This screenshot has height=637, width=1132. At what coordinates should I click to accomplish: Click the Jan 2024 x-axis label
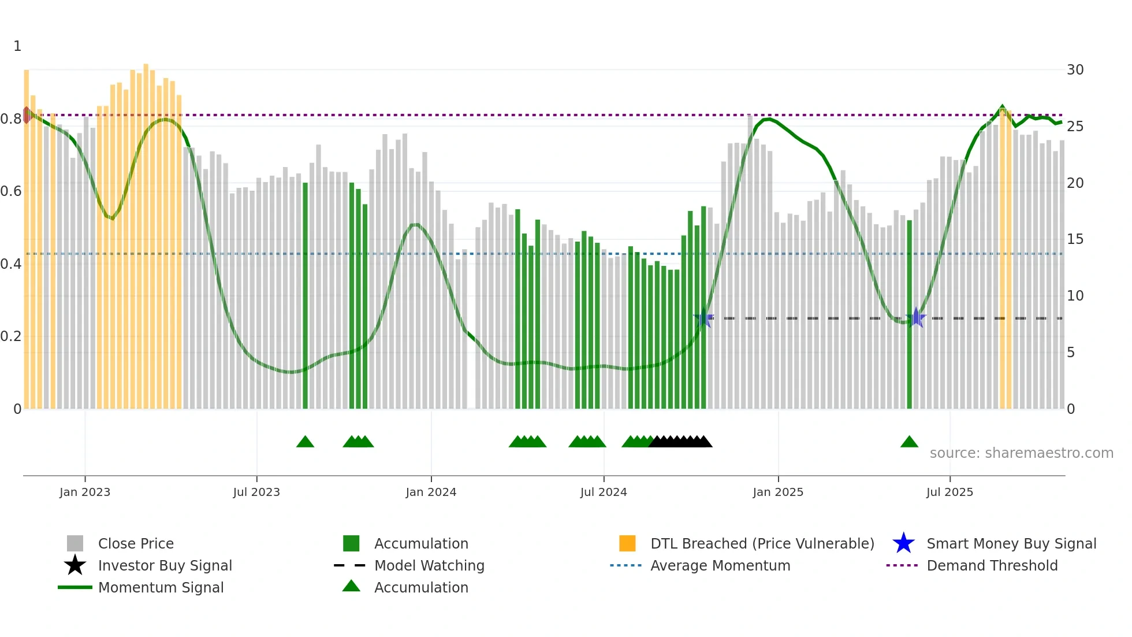pos(431,492)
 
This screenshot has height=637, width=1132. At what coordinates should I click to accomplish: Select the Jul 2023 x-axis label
pos(256,492)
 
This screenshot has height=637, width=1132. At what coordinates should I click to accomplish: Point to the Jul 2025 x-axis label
pos(949,492)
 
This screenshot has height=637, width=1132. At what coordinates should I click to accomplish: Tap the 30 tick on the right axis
pos(1075,70)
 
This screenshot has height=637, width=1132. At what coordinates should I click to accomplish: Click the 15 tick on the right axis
pos(1075,239)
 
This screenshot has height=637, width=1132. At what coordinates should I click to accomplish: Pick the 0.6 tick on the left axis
pos(10,191)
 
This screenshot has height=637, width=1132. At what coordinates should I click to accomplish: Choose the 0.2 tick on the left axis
pos(10,336)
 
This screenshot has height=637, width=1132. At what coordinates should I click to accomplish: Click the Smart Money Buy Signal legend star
pos(903,543)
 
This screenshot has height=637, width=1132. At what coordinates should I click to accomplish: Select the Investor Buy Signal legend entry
pos(165,565)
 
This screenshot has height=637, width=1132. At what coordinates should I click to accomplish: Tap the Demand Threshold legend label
pos(992,565)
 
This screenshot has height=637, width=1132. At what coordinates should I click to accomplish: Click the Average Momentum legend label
pos(720,565)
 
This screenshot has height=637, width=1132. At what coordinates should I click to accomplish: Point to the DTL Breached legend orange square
pos(627,543)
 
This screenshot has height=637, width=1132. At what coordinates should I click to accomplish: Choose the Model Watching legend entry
pos(429,565)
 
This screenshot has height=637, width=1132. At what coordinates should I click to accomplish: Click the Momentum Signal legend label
pos(161,587)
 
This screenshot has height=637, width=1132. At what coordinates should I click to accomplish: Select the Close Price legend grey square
pos(75,543)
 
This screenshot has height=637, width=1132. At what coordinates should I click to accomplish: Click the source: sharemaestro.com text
pos(1021,453)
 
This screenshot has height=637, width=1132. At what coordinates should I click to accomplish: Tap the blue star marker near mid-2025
pos(916,317)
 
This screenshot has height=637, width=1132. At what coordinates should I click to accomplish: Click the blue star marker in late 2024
pos(703,317)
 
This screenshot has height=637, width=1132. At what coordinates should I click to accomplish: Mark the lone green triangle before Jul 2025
pos(909,442)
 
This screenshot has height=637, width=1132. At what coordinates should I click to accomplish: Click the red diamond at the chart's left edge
pos(27,115)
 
